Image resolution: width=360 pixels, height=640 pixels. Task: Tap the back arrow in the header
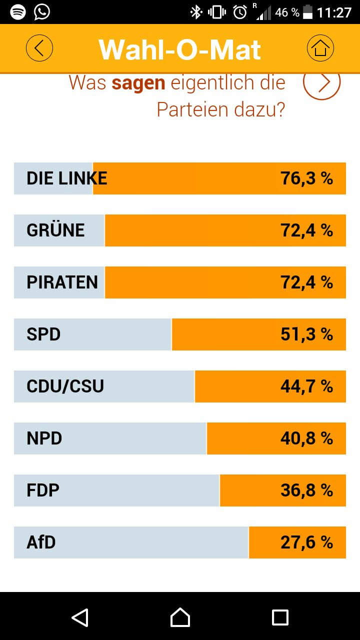[x=39, y=48]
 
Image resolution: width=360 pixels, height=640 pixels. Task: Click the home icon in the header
[x=320, y=48]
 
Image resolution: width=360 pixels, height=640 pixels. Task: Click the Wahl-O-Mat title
[x=180, y=49]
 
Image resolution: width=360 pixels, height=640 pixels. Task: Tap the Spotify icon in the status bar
[x=18, y=12]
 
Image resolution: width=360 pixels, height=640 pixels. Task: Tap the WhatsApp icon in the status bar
[x=42, y=12]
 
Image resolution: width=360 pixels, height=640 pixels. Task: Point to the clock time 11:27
[x=334, y=12]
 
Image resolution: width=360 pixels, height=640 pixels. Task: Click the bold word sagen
[x=138, y=83]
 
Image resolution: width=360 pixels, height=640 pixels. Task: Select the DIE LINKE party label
[x=67, y=178]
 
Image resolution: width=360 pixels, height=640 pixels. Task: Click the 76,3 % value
[x=306, y=178]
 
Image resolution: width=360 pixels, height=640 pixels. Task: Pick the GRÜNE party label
[x=55, y=230]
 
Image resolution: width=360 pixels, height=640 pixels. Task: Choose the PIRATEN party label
[x=62, y=282]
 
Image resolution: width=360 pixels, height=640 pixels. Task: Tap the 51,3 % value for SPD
[x=306, y=334]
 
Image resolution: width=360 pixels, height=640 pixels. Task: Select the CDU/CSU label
[x=65, y=386]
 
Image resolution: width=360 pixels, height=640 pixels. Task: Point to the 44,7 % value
[x=306, y=386]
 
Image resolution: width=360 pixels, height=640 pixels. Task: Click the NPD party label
[x=44, y=438]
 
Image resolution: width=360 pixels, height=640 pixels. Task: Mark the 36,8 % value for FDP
[x=306, y=490]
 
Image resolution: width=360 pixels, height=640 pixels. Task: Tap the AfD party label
[x=41, y=542]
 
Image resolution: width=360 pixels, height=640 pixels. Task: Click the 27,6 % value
[x=306, y=542]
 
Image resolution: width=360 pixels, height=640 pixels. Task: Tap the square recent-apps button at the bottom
[x=280, y=617]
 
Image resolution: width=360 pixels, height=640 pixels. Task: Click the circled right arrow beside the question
[x=321, y=82]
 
